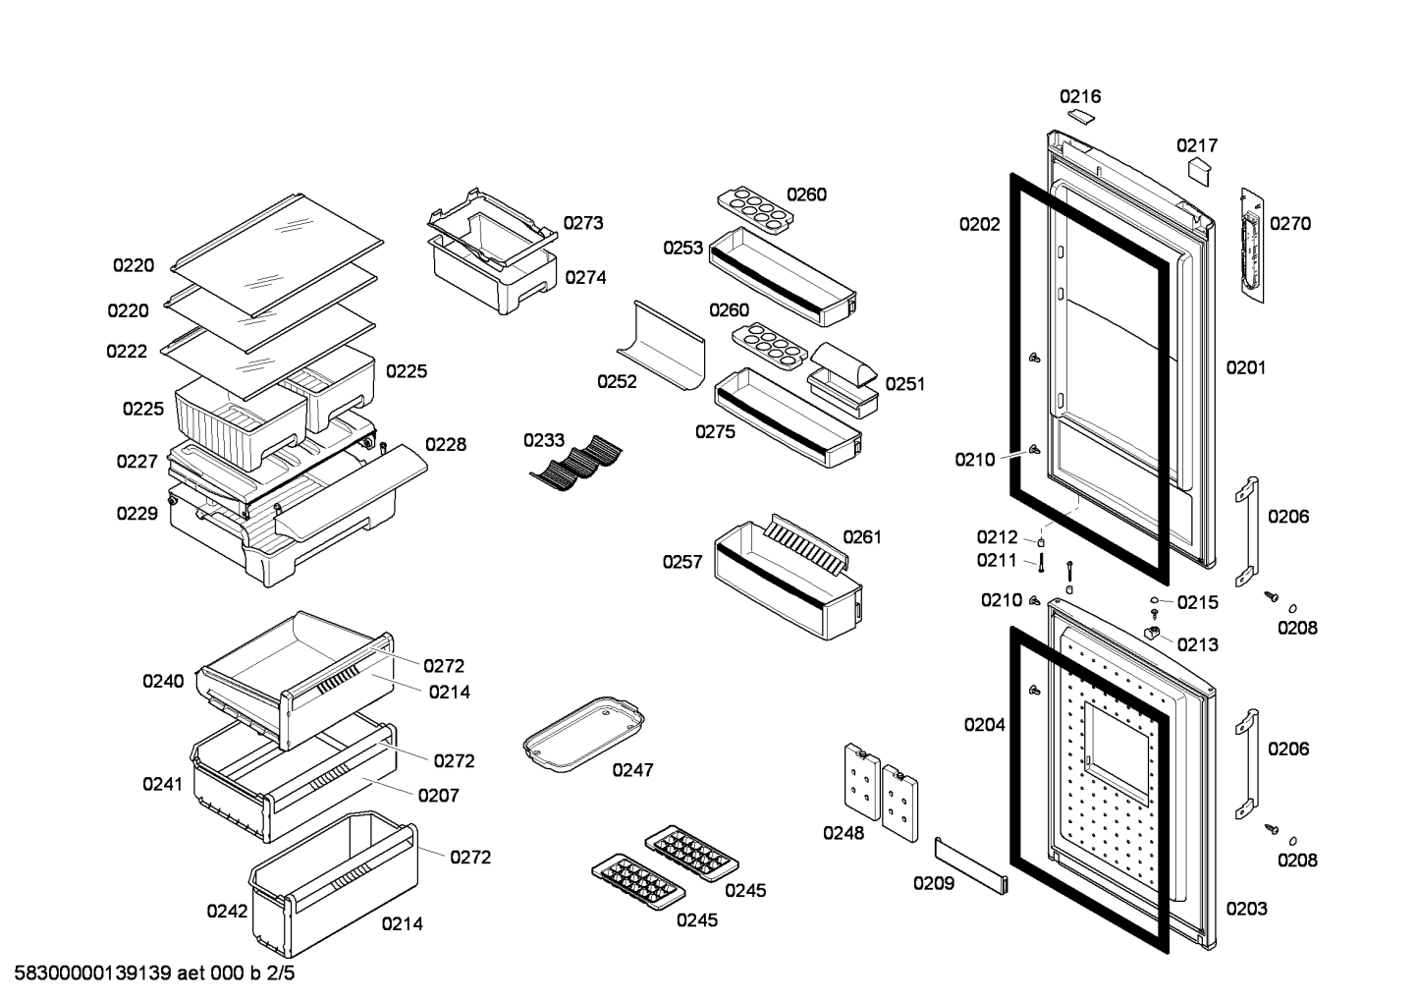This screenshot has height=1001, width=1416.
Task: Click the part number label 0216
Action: pos(1080,96)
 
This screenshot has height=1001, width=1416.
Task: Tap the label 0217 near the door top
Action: pos(1197,146)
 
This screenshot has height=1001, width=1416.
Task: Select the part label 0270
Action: pos(1290,224)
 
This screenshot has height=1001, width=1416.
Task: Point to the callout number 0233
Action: pos(544,440)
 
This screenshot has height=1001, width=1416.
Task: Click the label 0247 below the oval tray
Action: pos(632,770)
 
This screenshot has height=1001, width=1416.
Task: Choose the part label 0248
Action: pos(844,833)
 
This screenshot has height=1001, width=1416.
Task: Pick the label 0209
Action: pos(934,883)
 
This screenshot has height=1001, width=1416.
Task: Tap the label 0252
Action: pos(617,382)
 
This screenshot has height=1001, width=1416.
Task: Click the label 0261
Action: pos(862,537)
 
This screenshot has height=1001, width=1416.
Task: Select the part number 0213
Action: pos(1197,645)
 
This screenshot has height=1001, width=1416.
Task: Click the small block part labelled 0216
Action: pos(1081,116)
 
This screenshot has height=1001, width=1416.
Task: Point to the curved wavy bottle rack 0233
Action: pos(575,463)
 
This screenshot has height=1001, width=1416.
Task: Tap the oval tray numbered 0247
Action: pos(584,734)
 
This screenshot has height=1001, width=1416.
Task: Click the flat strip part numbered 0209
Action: pos(971,865)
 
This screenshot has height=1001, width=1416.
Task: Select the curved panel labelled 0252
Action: pos(661,345)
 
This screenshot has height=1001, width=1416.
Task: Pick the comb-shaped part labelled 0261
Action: pos(806,544)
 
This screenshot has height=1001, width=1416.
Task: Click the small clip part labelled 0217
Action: pos(1198,173)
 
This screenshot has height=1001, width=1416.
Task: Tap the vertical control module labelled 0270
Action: pos(1252,246)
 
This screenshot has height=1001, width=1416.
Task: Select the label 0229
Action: pos(137,514)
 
